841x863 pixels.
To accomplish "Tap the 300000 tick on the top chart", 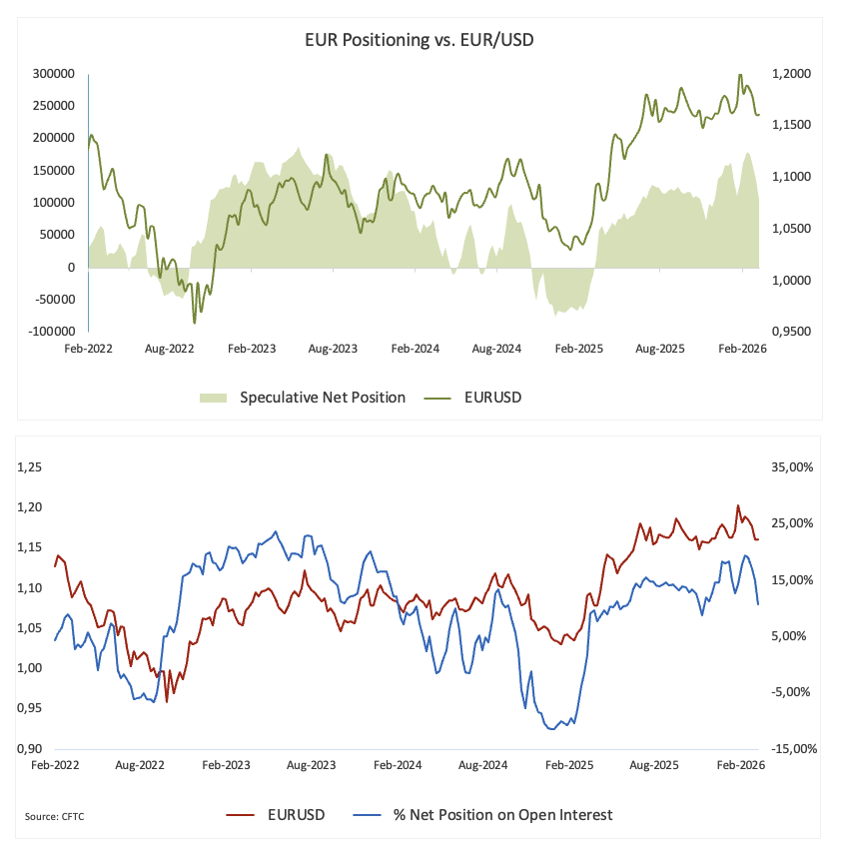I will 54,74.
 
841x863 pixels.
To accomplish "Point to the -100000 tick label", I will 51,331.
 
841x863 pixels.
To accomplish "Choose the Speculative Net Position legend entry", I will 322,398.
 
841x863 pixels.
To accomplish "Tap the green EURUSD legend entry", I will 492,398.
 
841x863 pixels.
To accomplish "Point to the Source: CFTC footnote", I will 54,817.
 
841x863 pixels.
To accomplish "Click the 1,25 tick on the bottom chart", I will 32,467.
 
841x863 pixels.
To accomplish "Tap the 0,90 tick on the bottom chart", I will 32,748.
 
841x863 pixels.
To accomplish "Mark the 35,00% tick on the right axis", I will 790,467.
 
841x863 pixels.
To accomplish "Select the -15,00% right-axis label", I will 788,748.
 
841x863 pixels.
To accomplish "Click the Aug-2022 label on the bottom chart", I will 140,765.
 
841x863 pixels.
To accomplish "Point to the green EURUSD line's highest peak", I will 740,75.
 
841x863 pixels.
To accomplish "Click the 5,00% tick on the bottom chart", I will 790,636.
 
